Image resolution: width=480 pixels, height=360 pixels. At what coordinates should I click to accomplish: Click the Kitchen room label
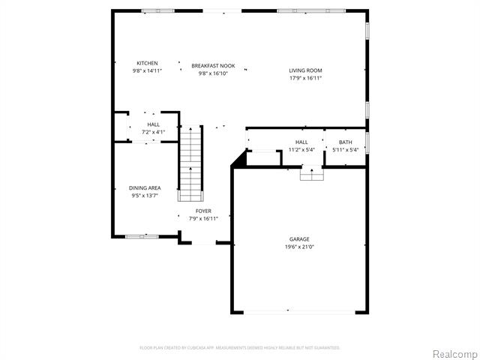[x=147, y=63]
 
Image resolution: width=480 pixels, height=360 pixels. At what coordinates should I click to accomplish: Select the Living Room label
[x=305, y=70]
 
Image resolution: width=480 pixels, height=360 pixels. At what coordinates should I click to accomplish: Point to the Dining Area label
[x=145, y=187]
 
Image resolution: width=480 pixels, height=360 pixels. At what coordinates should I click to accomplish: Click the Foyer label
[x=203, y=211]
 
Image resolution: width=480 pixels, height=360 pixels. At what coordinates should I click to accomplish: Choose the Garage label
[x=299, y=239]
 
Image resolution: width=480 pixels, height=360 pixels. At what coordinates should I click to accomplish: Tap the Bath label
[x=345, y=142]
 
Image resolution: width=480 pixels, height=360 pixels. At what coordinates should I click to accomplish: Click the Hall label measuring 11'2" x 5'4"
[x=301, y=142]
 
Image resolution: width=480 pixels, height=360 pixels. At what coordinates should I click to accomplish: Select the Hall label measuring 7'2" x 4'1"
[x=153, y=124]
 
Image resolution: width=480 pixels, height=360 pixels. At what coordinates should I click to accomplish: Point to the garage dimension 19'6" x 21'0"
[x=299, y=247]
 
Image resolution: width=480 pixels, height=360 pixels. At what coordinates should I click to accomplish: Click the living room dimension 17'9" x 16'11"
[x=305, y=78]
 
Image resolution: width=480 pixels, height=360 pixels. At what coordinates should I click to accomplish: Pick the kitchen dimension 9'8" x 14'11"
[x=147, y=70]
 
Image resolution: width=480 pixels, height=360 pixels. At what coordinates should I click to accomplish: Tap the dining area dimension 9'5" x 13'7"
[x=145, y=195]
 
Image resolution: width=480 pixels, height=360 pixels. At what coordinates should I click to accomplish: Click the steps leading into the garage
[x=310, y=174]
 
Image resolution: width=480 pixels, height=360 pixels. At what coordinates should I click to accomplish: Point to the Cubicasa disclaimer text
[x=240, y=348]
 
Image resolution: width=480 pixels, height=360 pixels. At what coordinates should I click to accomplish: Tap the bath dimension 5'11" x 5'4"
[x=346, y=149]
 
